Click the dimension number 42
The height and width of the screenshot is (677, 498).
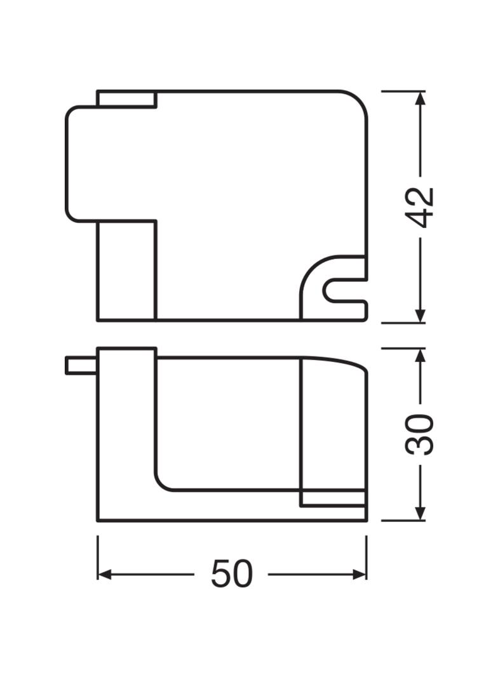421,207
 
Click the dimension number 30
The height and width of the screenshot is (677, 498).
420,434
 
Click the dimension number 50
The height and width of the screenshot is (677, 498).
231,574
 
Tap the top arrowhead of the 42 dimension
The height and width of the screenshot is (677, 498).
421,98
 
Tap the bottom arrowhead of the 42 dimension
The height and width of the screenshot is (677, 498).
421,315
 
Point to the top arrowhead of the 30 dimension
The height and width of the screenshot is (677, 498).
421,355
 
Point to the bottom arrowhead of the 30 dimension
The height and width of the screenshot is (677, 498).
421,513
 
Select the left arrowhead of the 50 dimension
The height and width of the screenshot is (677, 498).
105,574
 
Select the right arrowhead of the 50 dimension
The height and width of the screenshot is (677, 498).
359,574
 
